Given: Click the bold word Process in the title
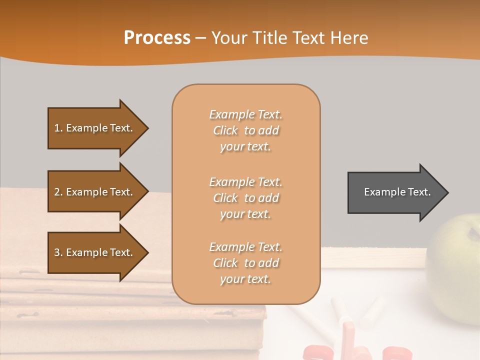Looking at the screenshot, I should click(157, 38).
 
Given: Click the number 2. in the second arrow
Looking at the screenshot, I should click(58, 192).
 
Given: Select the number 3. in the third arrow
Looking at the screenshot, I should click(58, 252).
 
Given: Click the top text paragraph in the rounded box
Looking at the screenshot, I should click(245, 130).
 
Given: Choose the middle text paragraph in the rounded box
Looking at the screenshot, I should click(245, 198).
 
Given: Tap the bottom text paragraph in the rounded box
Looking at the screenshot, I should click(245, 263).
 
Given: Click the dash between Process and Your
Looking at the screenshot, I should click(200, 38).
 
